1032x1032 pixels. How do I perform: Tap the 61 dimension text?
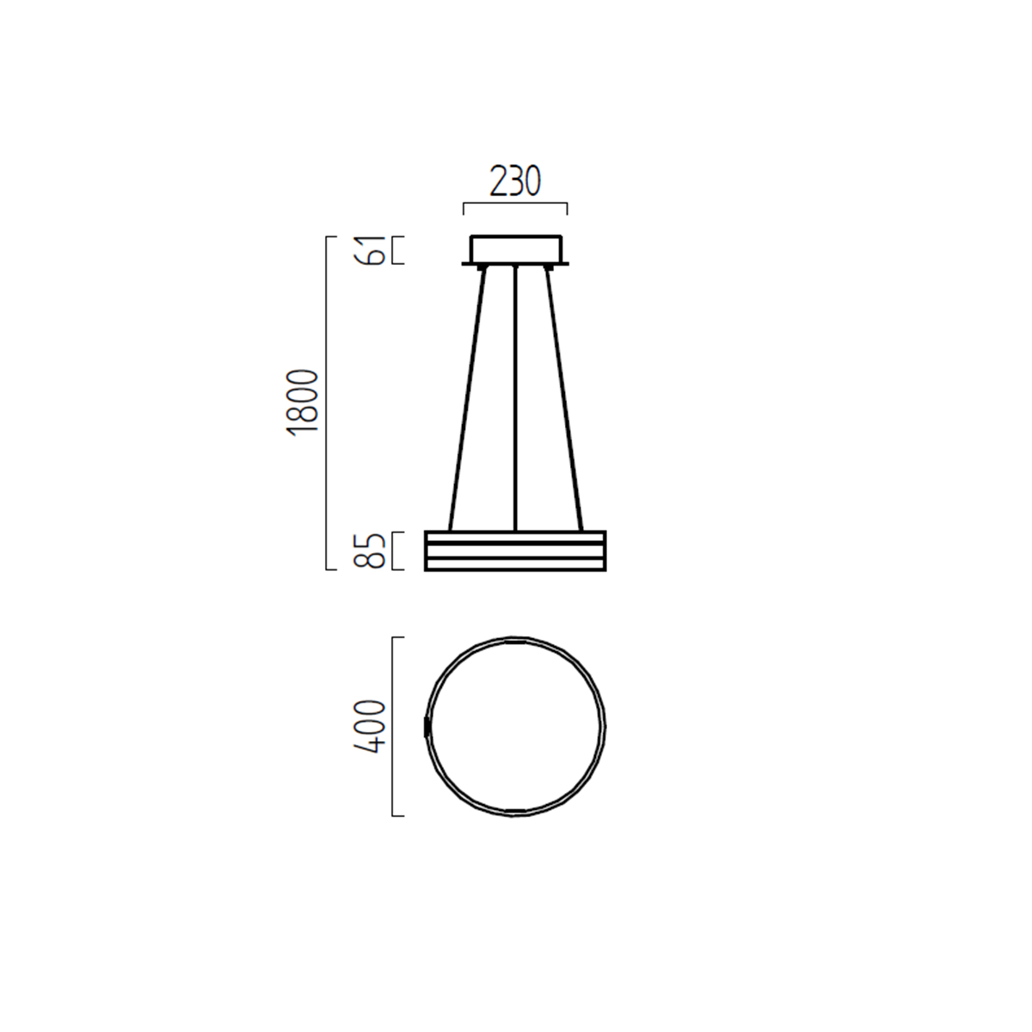[370, 250]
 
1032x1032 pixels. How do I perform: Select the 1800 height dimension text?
[303, 402]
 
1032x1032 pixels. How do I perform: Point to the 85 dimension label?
[370, 551]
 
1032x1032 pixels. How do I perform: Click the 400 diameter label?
[370, 727]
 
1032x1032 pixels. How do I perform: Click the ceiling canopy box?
[516, 249]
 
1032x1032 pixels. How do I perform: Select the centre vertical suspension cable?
[515, 398]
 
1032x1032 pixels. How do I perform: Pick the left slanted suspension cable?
[467, 399]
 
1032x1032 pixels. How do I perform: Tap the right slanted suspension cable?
[564, 399]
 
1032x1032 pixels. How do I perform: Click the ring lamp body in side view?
[515, 551]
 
